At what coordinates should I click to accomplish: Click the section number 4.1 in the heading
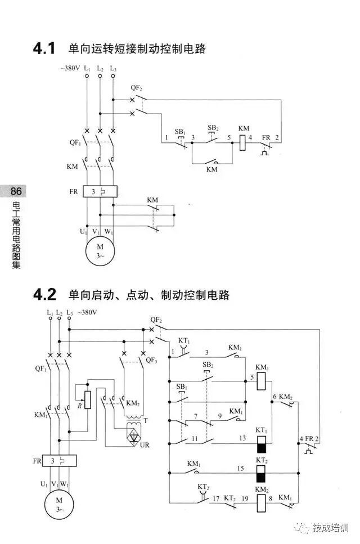coord(44,49)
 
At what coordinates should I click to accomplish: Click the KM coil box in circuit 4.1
coord(243,142)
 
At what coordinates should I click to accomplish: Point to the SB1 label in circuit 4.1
coord(180,131)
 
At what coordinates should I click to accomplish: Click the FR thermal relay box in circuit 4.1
coord(100,191)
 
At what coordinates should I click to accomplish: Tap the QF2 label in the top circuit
coord(137,88)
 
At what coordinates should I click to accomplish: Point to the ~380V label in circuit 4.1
coord(70,68)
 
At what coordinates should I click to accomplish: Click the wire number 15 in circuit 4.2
coord(240,468)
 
